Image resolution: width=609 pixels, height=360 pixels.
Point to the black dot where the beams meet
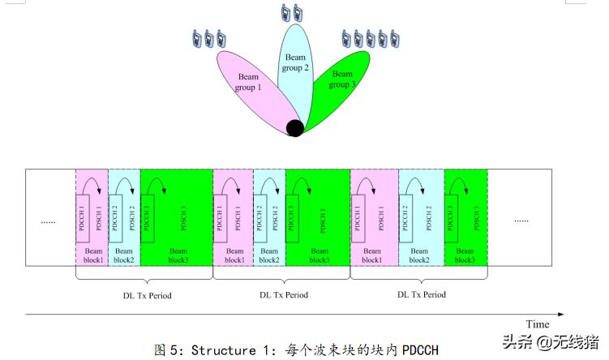(295, 127)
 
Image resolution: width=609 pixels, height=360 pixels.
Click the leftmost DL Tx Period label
(142, 295)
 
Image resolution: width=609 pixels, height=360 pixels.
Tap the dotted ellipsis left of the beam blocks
(49, 220)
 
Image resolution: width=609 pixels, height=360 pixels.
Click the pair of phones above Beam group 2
(291, 13)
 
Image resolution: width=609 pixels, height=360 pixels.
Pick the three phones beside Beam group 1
(208, 37)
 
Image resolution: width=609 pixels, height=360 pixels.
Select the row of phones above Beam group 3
(371, 38)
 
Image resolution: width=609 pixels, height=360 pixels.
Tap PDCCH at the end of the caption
(419, 349)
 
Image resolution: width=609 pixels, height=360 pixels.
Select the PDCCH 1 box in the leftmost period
(82, 217)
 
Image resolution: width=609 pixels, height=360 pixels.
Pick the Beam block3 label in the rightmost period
(465, 255)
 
